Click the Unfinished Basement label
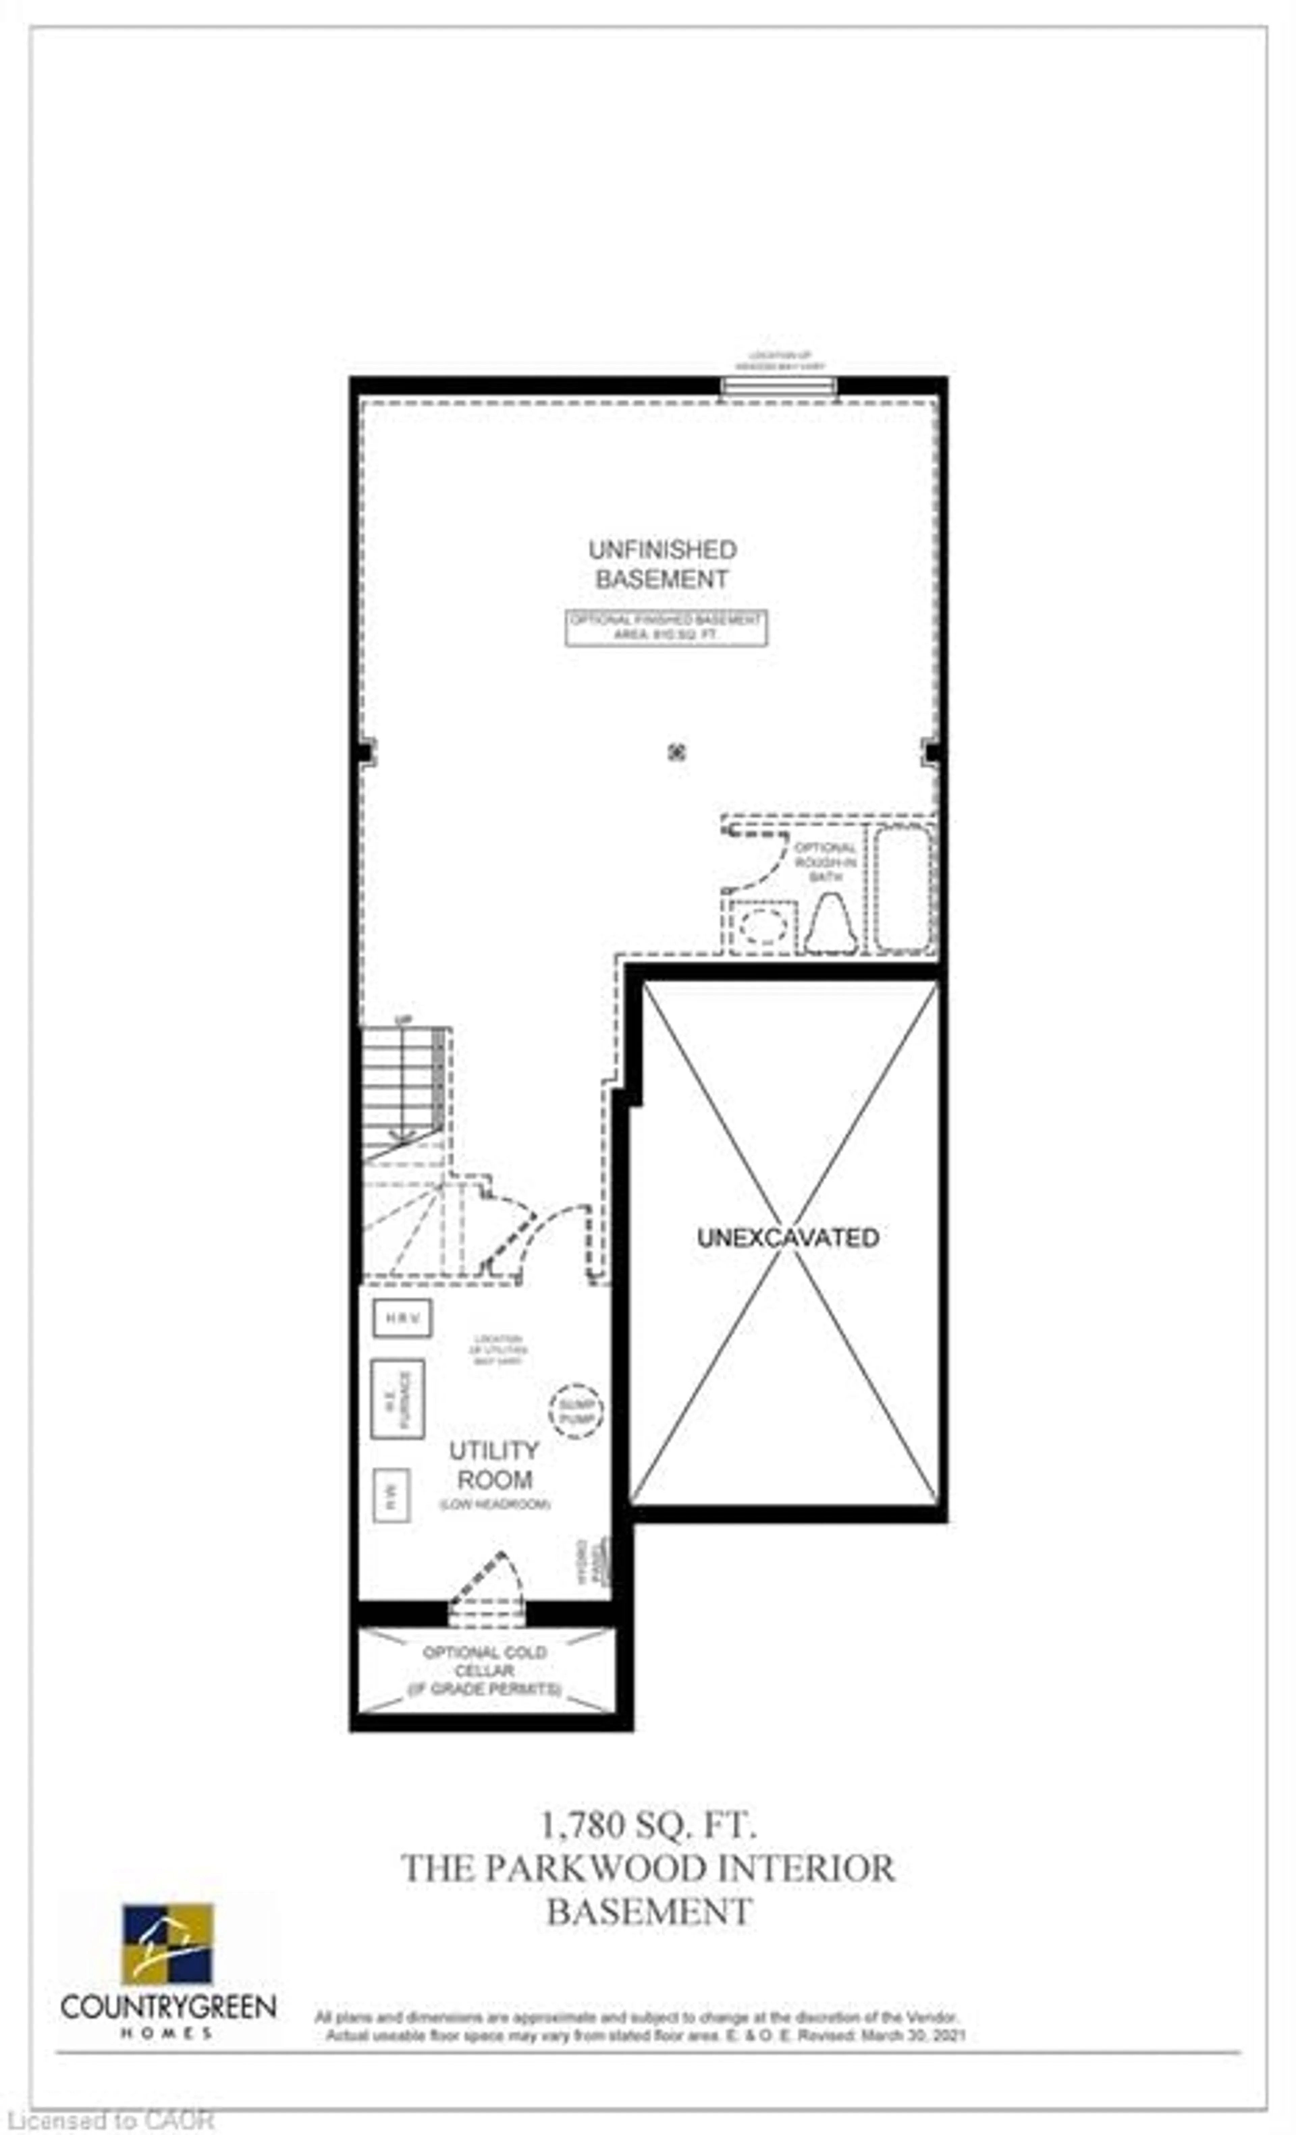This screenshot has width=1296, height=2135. point(662,564)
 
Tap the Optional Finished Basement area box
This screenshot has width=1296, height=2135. point(666,628)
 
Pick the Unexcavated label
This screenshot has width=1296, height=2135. point(787,1237)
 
